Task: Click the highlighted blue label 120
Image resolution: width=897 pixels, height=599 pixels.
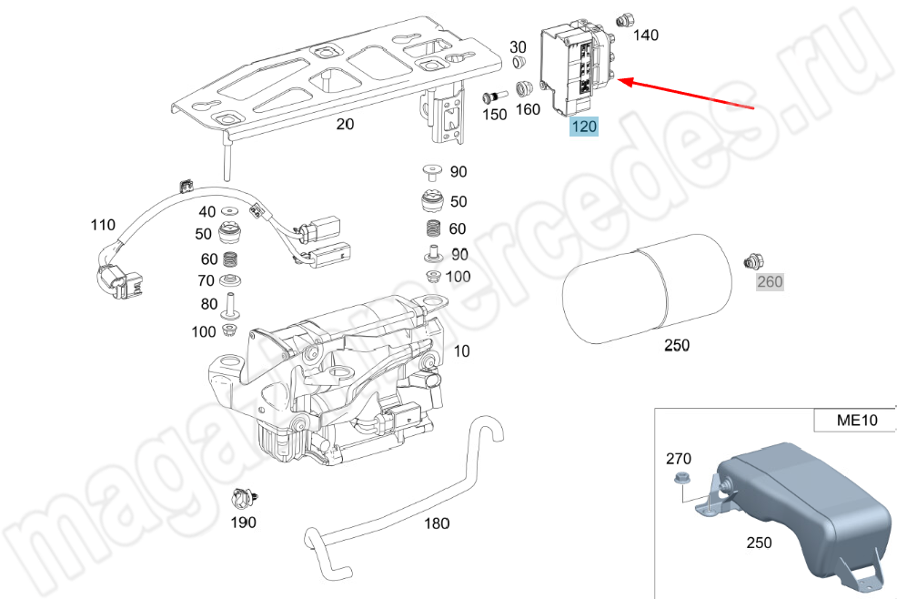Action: (583, 127)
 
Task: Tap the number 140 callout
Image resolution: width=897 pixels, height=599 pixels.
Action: (645, 36)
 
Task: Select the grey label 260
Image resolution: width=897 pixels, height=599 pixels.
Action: (770, 281)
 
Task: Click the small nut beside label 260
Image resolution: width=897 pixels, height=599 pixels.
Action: (752, 261)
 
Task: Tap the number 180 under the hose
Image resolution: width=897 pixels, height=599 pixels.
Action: (437, 523)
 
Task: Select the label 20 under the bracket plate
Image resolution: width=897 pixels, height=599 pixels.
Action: (345, 125)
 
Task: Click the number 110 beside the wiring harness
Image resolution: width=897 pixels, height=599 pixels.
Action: (102, 224)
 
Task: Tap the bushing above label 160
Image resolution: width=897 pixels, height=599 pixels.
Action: (525, 89)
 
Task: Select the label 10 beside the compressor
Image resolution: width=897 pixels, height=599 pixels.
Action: (461, 350)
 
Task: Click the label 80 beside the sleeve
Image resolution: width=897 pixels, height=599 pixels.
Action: (208, 304)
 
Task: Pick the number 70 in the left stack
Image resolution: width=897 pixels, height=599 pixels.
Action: (208, 280)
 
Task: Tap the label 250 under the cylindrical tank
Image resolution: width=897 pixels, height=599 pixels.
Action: (677, 346)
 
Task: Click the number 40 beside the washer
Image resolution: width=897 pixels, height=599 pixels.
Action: (207, 212)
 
